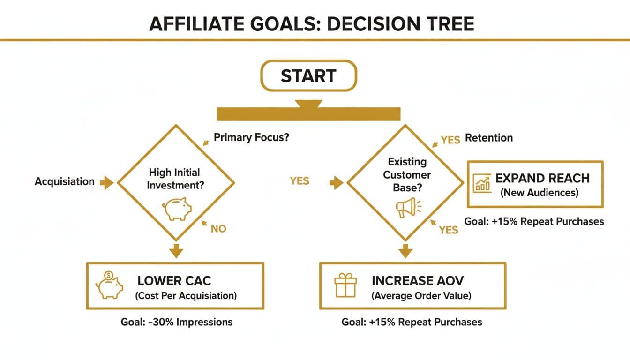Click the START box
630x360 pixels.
tap(308, 75)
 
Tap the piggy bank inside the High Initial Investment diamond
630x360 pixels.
tap(177, 209)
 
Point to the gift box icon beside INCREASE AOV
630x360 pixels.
tap(345, 285)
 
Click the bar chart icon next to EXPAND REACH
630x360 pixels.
tap(482, 183)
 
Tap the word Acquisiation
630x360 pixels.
tap(65, 181)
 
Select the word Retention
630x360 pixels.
tap(488, 137)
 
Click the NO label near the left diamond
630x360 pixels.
tap(218, 229)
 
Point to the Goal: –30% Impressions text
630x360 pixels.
tap(177, 322)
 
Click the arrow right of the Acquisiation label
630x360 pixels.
tap(106, 182)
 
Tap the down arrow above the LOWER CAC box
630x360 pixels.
tap(176, 251)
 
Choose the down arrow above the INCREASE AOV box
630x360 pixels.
tap(405, 251)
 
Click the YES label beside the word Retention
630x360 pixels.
tap(450, 140)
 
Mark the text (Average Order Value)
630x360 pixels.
tap(421, 296)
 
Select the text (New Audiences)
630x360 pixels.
tap(540, 193)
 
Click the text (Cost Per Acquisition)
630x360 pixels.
tap(186, 296)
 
